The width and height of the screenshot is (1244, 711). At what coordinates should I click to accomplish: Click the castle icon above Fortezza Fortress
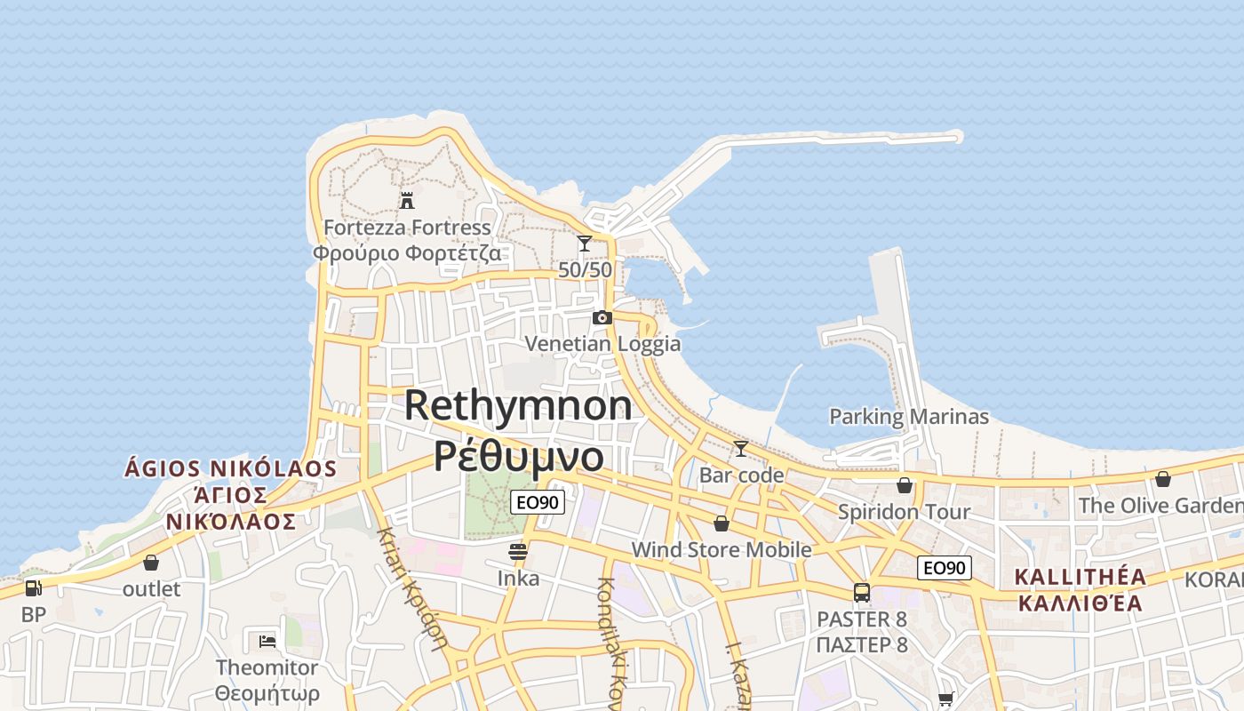click(407, 200)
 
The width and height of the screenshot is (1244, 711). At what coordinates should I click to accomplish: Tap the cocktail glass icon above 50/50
click(585, 243)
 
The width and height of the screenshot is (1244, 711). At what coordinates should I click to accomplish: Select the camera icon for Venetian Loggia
click(602, 317)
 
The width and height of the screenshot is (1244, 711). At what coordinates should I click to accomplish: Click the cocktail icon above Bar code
click(740, 449)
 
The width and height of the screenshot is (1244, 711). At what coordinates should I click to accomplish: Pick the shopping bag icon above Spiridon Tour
click(905, 485)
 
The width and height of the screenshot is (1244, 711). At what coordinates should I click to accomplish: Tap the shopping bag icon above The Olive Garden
click(1163, 479)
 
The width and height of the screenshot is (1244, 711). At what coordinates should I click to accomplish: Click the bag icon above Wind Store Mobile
click(722, 523)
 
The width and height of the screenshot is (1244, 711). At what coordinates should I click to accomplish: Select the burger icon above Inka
click(518, 552)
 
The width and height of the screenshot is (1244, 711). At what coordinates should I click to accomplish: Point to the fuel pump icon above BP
click(33, 587)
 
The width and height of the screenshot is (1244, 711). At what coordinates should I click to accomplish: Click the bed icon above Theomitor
click(267, 641)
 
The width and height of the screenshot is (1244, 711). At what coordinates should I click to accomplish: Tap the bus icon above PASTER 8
click(861, 592)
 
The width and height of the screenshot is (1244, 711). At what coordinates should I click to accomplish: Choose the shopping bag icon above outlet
click(151, 563)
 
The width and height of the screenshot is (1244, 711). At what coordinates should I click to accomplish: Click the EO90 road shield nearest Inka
click(538, 503)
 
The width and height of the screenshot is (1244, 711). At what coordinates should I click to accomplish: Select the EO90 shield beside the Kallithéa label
click(945, 568)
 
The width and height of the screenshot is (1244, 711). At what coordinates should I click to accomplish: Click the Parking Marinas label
click(908, 416)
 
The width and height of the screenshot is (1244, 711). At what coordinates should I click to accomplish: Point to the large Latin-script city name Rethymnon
click(518, 405)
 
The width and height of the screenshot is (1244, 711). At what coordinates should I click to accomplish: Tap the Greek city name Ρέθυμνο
click(518, 456)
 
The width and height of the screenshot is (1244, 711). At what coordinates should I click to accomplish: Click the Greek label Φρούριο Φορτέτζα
click(406, 253)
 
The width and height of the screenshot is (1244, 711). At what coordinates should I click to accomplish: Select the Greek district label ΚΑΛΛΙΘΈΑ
click(1080, 603)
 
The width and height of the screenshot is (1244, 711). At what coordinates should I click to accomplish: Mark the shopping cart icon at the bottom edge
click(945, 699)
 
